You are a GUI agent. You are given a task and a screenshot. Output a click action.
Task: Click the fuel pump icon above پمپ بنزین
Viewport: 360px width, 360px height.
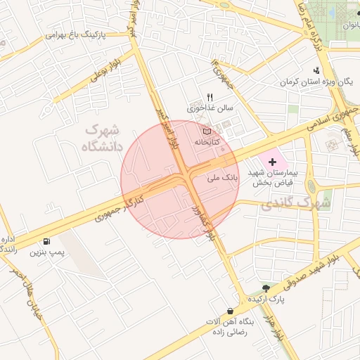(x=46, y=240)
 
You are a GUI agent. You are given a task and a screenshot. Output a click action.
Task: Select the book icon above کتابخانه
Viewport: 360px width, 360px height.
(x=207, y=131)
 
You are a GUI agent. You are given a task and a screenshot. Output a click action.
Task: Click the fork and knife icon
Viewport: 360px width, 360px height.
(x=209, y=97)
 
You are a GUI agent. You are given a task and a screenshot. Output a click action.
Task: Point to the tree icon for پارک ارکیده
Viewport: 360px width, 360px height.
(x=266, y=288)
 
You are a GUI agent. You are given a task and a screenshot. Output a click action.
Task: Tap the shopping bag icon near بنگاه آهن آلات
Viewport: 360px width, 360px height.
(x=230, y=311)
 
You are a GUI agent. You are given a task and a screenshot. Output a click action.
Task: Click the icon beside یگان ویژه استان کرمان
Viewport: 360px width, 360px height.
(x=317, y=70)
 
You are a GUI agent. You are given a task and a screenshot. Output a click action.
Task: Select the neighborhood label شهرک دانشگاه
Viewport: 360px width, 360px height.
(x=103, y=138)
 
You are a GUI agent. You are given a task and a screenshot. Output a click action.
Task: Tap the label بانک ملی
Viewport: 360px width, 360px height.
(x=224, y=179)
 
